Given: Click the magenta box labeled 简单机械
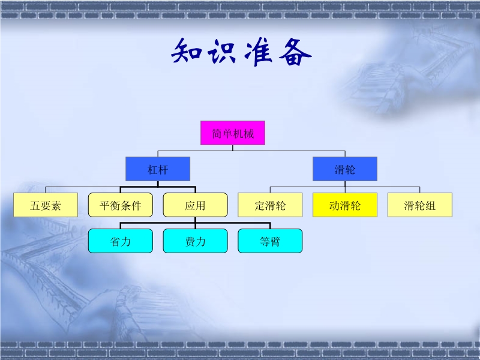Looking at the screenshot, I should point(233,133).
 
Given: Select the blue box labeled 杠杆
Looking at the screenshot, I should point(158,169).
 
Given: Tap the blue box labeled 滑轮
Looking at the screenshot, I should point(345,169).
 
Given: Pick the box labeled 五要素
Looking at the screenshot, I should point(46,205).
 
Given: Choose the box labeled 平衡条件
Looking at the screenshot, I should point(121,205).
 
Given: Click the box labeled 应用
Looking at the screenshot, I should point(195,205).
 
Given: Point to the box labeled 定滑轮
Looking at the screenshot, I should point(270,205).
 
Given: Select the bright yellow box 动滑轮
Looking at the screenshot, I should point(345,205).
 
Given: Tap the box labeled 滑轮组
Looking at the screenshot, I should point(419,205).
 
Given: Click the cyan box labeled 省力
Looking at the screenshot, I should point(121,241).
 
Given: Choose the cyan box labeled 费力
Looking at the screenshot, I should point(195,241).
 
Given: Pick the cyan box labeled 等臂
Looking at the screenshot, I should point(270,241).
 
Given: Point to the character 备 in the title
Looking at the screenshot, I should point(295,53).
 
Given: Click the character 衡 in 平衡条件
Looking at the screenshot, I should point(115,205).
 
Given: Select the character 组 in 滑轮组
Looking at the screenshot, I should point(430,206).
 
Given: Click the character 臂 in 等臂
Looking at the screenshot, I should point(275,242).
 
